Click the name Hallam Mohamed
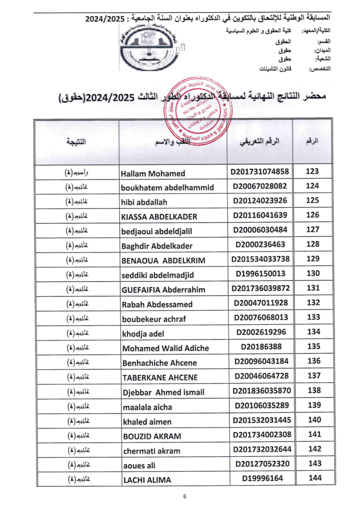tap(153, 173)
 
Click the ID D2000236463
tap(260, 245)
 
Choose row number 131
tap(312, 288)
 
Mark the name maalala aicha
tap(147, 407)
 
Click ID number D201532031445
tap(260, 421)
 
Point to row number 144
tap(312, 478)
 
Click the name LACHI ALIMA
tap(147, 480)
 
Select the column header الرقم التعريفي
tap(260, 142)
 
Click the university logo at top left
tap(149, 47)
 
